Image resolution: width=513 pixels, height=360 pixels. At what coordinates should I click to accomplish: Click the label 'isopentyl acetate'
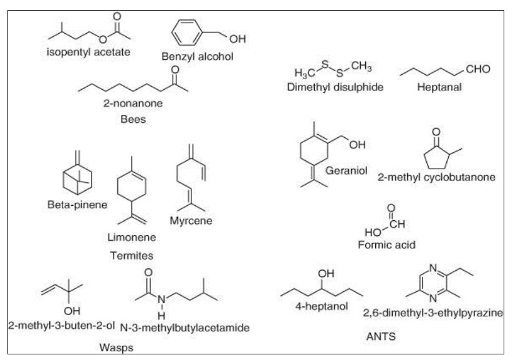[x=89, y=52]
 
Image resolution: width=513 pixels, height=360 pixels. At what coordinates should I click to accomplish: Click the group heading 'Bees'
[x=133, y=119]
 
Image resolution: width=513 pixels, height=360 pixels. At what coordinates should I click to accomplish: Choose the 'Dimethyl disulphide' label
[x=335, y=87]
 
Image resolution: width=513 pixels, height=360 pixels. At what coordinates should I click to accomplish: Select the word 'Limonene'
[x=132, y=237]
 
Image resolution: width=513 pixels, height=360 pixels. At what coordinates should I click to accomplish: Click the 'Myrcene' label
[x=191, y=220]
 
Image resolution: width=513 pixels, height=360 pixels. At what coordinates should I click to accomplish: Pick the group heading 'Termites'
[x=132, y=255]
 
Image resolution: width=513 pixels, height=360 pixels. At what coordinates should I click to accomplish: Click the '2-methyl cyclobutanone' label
[x=437, y=177]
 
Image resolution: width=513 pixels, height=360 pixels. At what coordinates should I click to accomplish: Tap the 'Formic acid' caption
[x=386, y=245]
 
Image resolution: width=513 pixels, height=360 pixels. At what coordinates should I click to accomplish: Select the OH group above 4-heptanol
[x=326, y=274]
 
